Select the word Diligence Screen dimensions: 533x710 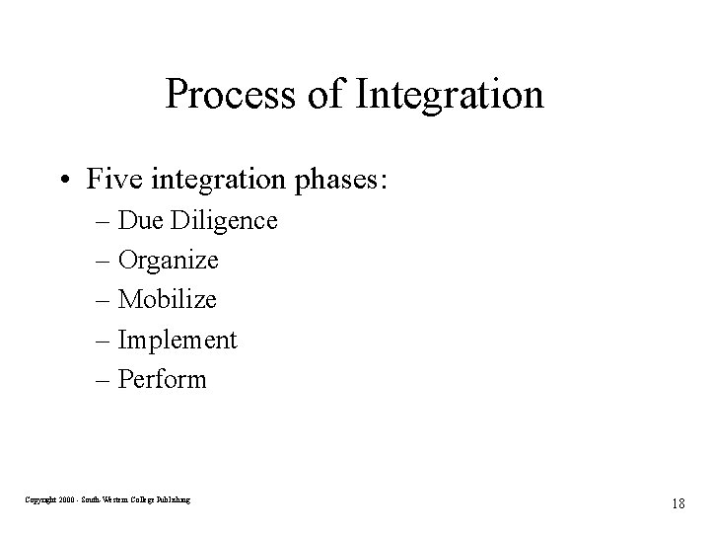(x=224, y=220)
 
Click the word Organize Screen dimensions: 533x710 (x=168, y=261)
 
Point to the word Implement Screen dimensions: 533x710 (x=177, y=341)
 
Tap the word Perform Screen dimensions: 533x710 (x=162, y=380)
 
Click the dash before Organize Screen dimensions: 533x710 (x=104, y=262)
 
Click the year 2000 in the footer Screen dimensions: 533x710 (x=67, y=500)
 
